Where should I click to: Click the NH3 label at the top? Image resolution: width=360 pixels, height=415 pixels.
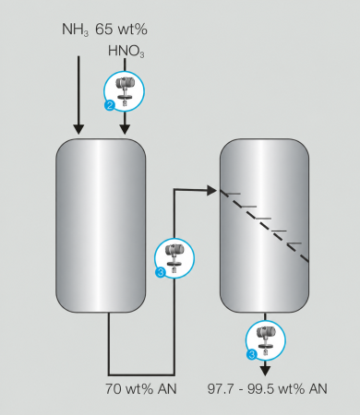[x=76, y=30]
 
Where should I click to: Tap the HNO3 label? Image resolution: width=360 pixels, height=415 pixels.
[x=126, y=51]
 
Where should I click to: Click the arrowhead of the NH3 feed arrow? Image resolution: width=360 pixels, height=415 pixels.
[x=78, y=129]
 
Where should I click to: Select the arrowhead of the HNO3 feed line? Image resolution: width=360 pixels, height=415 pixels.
[x=125, y=129]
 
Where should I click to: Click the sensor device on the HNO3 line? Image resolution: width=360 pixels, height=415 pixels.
[x=125, y=90]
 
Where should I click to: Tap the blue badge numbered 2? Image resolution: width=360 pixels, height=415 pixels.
[x=110, y=106]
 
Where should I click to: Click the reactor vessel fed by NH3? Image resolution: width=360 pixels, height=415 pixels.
[x=101, y=225]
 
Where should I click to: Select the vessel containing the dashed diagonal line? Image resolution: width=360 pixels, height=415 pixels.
[x=265, y=225]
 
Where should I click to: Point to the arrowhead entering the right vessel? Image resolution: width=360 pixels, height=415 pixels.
[x=212, y=190]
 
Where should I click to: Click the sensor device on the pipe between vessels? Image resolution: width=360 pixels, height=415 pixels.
[x=174, y=258]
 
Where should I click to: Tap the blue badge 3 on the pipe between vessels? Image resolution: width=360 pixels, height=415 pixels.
[x=161, y=272]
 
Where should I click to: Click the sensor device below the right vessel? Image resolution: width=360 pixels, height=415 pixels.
[x=266, y=340]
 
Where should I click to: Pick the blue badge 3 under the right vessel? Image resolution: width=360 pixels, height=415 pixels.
[x=251, y=354]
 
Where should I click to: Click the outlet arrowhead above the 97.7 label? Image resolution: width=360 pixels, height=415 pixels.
[x=265, y=371]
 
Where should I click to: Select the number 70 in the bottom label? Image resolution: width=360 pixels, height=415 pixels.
[x=114, y=389]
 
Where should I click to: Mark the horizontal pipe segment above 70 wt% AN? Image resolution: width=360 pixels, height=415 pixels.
[x=141, y=375]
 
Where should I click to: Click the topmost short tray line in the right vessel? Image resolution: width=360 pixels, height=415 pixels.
[x=231, y=194]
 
